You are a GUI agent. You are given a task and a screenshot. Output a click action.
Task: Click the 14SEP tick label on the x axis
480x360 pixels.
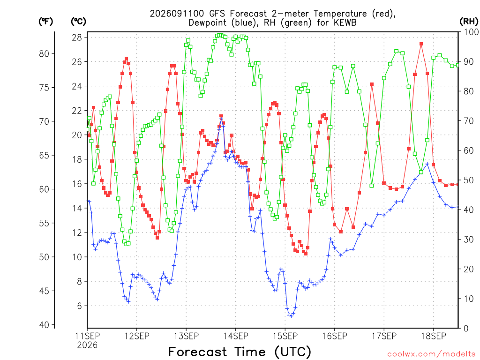[x=236, y=336]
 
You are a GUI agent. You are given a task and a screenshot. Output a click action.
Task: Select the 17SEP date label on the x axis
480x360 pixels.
[x=384, y=336]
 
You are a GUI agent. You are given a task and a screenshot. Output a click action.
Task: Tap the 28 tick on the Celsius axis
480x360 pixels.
[x=77, y=37]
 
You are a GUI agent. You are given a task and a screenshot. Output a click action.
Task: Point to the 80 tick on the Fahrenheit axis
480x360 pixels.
[x=44, y=53]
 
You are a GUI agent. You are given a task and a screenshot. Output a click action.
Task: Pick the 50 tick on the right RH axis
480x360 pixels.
[x=469, y=180]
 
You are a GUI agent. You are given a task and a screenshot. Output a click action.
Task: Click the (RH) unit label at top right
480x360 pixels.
[x=469, y=21]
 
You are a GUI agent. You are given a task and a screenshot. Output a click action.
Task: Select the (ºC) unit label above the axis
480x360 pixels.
[x=79, y=21]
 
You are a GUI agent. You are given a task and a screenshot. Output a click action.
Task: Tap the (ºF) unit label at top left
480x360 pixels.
[x=46, y=21]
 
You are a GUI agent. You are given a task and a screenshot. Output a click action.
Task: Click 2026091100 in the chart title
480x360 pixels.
[x=177, y=14]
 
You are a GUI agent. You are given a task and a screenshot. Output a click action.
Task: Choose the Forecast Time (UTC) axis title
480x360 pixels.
[x=240, y=352]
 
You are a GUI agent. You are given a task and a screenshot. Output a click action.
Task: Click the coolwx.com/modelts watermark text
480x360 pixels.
[x=431, y=354]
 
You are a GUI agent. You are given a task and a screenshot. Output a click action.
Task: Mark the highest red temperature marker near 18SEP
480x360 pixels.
[x=421, y=44]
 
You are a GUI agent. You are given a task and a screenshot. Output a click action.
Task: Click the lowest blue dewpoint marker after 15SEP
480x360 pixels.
[x=291, y=316]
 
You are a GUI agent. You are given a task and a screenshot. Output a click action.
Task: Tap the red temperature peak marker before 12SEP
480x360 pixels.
[x=126, y=59]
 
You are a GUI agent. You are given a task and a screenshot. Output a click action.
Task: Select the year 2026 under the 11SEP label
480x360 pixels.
[x=87, y=345]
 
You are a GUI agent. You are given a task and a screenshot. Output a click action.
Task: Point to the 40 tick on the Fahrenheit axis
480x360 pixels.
[x=44, y=325]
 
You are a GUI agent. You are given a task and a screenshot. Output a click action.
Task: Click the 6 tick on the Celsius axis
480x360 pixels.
[x=79, y=306]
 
